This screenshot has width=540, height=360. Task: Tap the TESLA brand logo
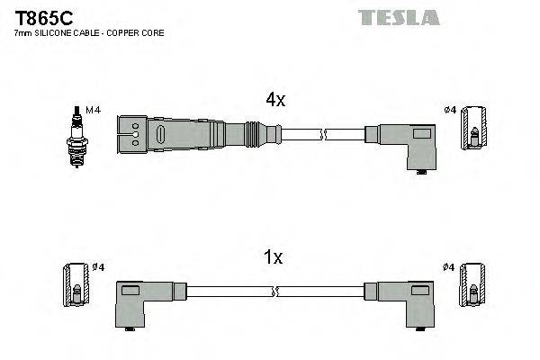(x=398, y=17)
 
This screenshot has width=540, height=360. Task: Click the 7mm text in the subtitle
(x=22, y=33)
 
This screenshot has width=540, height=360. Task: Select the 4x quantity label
(x=274, y=101)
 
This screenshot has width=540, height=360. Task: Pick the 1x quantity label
(x=274, y=258)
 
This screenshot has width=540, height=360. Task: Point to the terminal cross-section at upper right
(x=475, y=128)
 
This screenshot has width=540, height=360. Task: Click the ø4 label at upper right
(x=451, y=110)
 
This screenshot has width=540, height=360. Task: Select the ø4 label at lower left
(x=99, y=267)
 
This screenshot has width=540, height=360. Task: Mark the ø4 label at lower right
(x=450, y=267)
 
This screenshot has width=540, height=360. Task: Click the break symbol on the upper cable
(x=324, y=135)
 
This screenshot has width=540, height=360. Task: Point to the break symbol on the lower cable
(x=278, y=292)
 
